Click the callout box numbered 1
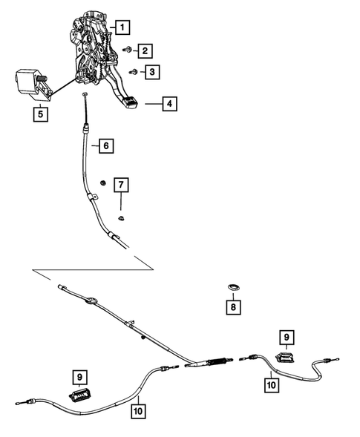[x=121, y=28]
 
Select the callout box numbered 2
[x=144, y=50]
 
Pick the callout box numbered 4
[x=170, y=104]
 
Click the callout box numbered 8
[x=234, y=305]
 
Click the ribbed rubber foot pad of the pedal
[x=131, y=103]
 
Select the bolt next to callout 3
[x=133, y=72]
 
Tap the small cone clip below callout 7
[x=121, y=219]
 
